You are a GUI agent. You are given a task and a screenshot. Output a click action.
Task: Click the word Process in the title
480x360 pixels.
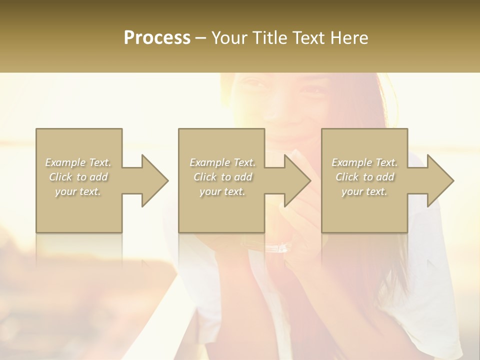[157, 38]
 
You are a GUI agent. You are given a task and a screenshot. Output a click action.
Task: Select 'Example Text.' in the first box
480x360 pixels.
[78, 162]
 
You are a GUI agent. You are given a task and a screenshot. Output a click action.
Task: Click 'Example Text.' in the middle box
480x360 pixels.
[222, 162]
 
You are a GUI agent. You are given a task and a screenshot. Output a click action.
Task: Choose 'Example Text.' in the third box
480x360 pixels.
[364, 162]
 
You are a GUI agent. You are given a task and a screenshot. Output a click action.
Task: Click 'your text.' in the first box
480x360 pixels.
[78, 191]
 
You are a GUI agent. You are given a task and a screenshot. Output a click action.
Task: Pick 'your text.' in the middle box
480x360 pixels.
[222, 191]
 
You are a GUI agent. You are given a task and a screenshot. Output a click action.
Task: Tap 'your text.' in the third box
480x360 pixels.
[364, 191]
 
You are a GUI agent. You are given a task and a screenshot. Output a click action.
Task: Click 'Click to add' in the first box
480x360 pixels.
[78, 177]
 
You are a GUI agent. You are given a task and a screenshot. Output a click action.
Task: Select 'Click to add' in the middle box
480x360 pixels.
[222, 177]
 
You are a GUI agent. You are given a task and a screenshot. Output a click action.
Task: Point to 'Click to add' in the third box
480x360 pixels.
[364, 177]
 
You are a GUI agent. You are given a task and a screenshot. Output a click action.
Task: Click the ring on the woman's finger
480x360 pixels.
[283, 246]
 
